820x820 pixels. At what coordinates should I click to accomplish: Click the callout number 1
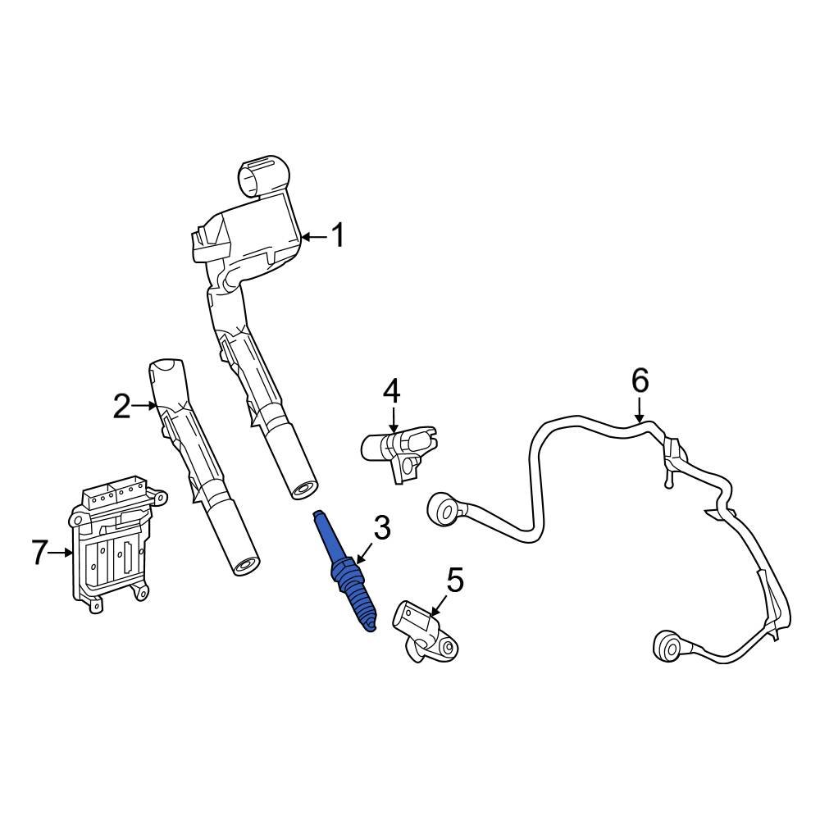point(337,237)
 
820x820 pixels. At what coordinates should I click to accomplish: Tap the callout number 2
point(121,406)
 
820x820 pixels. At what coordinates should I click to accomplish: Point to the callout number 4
point(392,391)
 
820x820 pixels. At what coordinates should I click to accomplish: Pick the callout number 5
point(455,581)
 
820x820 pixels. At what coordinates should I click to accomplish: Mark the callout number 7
point(40,553)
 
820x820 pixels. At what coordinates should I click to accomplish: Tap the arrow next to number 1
point(313,237)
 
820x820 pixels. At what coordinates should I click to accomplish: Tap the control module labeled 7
point(115,545)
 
